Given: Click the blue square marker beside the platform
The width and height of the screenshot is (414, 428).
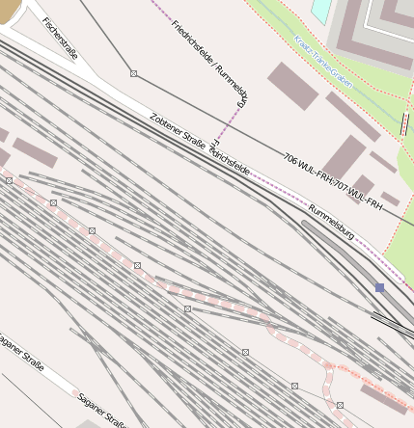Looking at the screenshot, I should pyautogui.click(x=379, y=287).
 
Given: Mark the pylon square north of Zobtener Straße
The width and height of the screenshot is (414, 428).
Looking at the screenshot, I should pyautogui.click(x=133, y=73).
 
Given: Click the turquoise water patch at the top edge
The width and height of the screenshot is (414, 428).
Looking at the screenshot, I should pyautogui.click(x=321, y=9).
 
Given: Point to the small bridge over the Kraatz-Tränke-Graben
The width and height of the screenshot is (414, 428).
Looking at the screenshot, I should pyautogui.click(x=403, y=123).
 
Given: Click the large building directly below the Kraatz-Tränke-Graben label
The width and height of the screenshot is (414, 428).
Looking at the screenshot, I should pyautogui.click(x=292, y=86).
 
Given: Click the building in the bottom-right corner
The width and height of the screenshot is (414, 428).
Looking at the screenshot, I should pyautogui.click(x=383, y=398).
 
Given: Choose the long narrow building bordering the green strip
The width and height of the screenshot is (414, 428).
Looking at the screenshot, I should pyautogui.click(x=352, y=117).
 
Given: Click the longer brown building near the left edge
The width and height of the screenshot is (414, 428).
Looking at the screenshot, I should pyautogui.click(x=35, y=153).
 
